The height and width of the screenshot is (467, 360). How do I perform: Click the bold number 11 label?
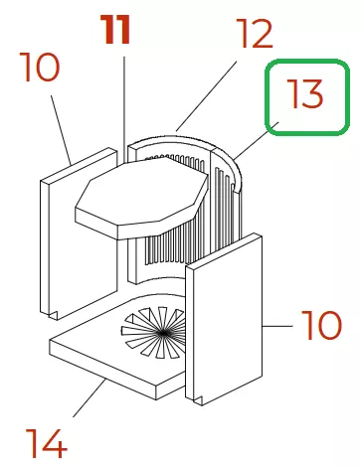click(x=116, y=30)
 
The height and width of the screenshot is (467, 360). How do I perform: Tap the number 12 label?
click(x=255, y=33)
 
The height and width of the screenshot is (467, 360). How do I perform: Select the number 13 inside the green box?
click(x=304, y=93)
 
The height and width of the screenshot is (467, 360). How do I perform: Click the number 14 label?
click(x=46, y=443)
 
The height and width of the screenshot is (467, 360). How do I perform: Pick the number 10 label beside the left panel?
click(x=40, y=68)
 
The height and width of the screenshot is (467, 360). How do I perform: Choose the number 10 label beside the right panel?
click(x=321, y=325)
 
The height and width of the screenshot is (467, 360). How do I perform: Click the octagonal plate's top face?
click(x=141, y=192)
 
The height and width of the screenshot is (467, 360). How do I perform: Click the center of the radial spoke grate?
click(x=162, y=334)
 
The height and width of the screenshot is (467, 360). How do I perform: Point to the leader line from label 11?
click(x=124, y=109)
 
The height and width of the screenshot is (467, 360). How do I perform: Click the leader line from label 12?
click(x=206, y=95)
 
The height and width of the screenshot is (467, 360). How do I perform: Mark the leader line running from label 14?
click(x=90, y=398)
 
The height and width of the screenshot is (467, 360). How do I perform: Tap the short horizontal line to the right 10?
click(x=277, y=326)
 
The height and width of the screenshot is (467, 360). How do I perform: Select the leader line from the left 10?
click(x=62, y=130)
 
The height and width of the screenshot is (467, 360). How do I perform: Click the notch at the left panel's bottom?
click(x=54, y=315)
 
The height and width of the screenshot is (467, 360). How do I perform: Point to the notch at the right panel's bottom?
click(x=199, y=400)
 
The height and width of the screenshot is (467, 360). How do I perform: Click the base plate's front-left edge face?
click(x=102, y=370)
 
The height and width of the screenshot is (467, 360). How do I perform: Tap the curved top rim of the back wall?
click(x=186, y=140)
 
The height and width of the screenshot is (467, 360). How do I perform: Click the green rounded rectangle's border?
click(x=266, y=97)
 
